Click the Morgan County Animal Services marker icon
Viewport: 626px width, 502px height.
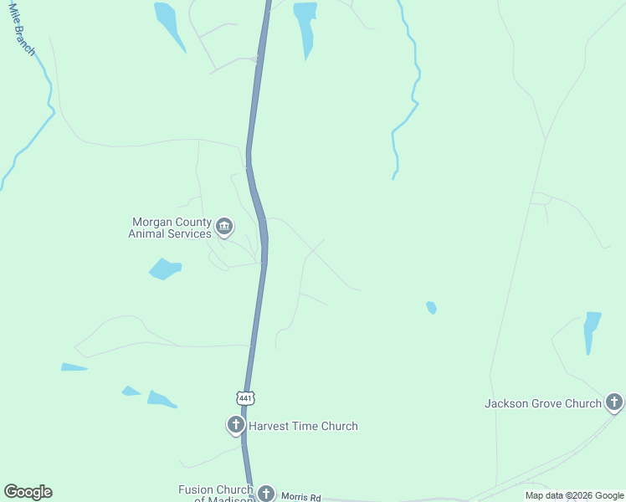coord(224,226)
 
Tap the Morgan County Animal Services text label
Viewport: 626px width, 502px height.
coord(170,228)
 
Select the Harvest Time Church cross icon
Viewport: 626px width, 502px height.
coord(236,425)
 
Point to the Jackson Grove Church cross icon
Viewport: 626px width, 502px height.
coord(614,402)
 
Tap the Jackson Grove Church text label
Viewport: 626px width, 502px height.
coord(543,403)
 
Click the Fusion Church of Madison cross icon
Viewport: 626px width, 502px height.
coord(266,494)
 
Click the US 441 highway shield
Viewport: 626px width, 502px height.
coord(244,398)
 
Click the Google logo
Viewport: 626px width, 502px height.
coord(28,492)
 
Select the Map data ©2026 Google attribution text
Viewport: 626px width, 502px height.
coord(574,495)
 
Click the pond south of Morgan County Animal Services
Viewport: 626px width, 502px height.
coord(165,269)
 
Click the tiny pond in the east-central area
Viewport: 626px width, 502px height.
coord(431,307)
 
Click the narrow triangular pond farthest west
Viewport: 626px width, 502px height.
coord(73,366)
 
